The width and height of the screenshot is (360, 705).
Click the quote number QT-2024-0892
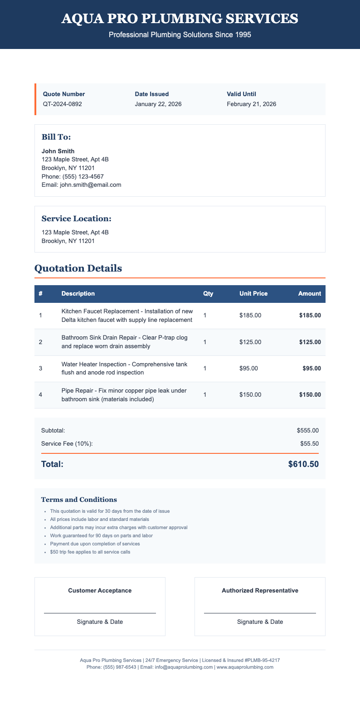tap(62, 104)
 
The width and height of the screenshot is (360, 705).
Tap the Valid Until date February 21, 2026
tap(251, 104)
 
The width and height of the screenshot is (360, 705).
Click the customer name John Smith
tap(58, 151)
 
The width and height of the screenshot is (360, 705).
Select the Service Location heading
tap(76, 219)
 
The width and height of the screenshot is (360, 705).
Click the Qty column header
tap(208, 293)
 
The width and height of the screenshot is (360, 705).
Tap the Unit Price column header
tap(253, 293)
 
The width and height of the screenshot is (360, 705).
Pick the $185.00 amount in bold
tap(310, 315)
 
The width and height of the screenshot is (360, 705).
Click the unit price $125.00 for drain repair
tap(250, 342)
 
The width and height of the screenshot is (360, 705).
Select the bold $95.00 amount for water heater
tap(311, 368)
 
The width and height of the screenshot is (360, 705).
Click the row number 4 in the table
tap(40, 395)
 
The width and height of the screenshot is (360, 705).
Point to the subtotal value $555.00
tap(308, 430)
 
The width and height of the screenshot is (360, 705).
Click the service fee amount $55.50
tap(310, 443)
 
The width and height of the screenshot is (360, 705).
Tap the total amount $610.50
tap(303, 464)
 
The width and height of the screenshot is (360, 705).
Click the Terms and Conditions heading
tap(79, 500)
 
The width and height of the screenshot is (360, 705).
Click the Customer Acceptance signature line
tap(100, 613)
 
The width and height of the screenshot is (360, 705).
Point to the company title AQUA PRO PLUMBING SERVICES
tap(180, 19)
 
